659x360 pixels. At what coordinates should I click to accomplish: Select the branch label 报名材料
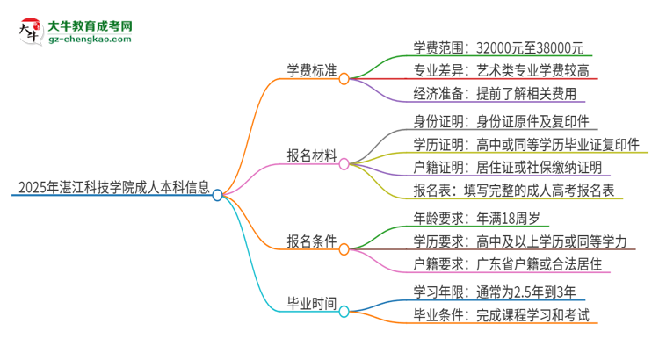(x=309, y=155)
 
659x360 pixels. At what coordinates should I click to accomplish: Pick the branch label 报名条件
(x=309, y=242)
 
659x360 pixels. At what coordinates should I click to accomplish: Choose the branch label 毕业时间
(x=309, y=303)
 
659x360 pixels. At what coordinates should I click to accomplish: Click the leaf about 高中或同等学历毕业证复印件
(x=525, y=144)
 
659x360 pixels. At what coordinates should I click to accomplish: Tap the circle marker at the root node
(x=218, y=195)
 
